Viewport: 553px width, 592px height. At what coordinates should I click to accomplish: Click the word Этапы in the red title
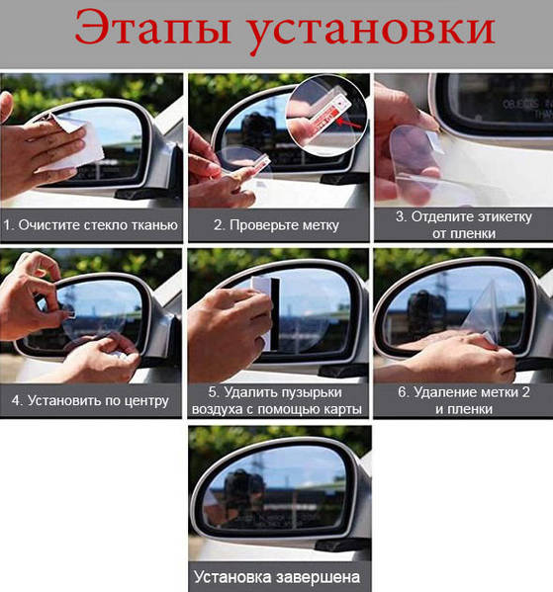[153, 29]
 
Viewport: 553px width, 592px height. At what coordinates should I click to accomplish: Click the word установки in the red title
[372, 32]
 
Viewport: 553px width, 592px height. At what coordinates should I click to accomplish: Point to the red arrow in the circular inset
[348, 123]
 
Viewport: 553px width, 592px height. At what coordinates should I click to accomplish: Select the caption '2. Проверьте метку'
[276, 225]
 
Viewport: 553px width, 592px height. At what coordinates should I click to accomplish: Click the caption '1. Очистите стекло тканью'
[91, 225]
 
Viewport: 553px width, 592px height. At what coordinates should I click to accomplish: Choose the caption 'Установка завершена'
[277, 577]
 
